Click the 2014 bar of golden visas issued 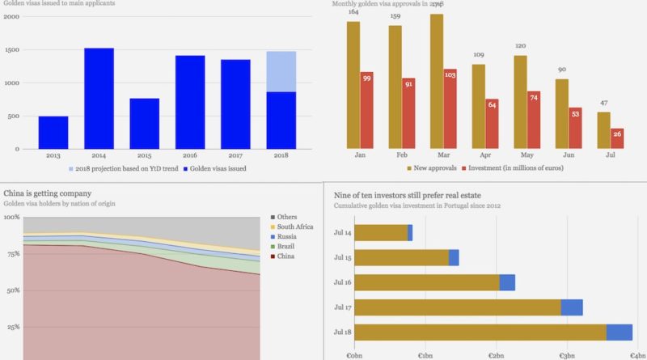(x=99, y=98)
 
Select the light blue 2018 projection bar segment (x=281, y=71)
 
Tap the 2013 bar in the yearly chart (x=53, y=133)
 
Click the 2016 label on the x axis (x=190, y=155)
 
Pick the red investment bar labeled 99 (x=366, y=109)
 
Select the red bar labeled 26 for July (x=617, y=137)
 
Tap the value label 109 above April (x=479, y=55)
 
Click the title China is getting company (x=47, y=193)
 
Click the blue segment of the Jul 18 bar (x=619, y=332)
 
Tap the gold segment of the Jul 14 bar (x=381, y=233)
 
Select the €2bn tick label (x=496, y=354)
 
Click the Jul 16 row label (x=343, y=283)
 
